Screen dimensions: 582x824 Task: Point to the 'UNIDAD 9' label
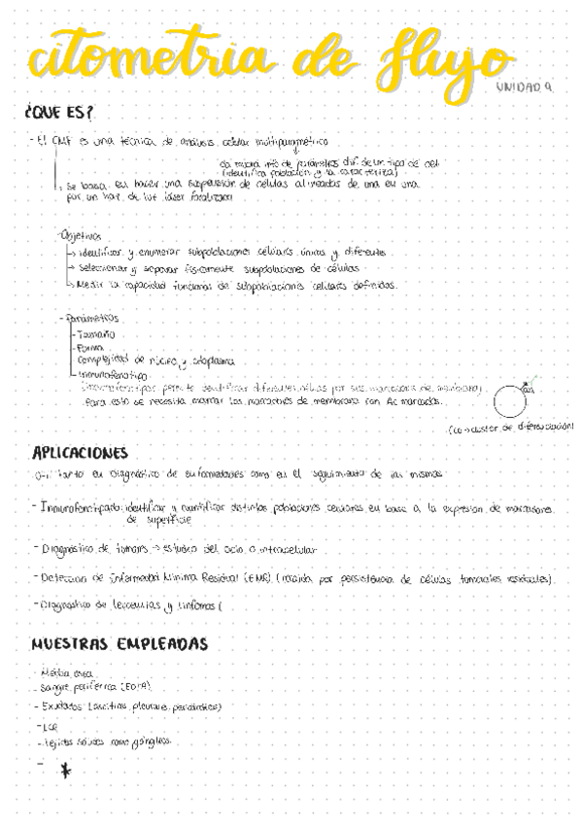coord(524,87)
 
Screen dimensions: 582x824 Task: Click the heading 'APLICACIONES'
coord(80,453)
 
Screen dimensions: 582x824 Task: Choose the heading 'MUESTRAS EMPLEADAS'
coord(119,643)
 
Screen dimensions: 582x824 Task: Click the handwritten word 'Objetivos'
coord(81,235)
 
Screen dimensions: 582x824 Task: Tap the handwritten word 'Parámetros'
coord(90,317)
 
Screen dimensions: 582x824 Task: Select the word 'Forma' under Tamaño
coord(90,345)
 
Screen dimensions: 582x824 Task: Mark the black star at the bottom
coord(65,771)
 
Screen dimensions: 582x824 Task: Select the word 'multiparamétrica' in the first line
coord(289,141)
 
